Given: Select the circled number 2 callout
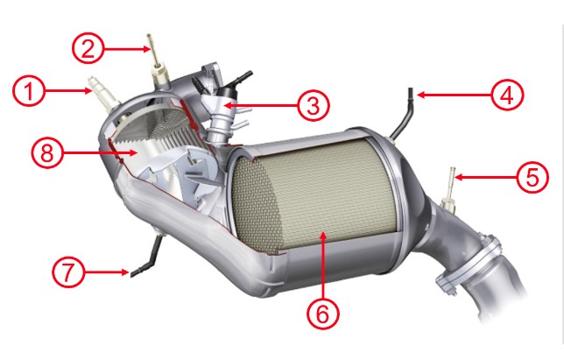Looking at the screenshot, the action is [88, 48].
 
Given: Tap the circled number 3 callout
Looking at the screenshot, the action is [313, 105].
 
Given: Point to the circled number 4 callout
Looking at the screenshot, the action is [507, 95].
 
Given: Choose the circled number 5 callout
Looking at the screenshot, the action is [532, 177].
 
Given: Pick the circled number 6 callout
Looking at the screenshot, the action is [322, 314].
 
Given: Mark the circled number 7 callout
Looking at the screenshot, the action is [68, 272].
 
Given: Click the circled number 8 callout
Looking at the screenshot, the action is [47, 152].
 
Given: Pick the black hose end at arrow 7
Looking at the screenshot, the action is [137, 272].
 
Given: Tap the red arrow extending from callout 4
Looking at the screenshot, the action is [454, 95].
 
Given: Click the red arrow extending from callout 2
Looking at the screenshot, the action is [127, 48].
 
